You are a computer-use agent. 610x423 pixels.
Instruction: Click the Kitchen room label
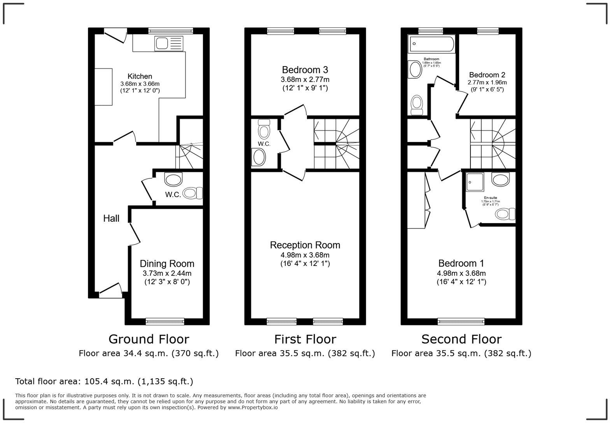click(x=140, y=76)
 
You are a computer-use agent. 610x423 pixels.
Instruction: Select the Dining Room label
click(x=167, y=264)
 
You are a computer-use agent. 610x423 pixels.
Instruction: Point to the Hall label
click(x=111, y=218)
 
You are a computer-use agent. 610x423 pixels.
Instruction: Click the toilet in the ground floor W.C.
click(x=193, y=193)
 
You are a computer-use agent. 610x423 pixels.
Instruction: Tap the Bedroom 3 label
click(x=305, y=70)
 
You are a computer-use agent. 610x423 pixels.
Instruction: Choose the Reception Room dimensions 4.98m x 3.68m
click(x=305, y=255)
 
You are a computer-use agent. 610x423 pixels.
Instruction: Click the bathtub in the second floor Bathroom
click(x=431, y=44)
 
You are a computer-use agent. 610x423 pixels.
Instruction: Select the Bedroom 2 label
click(x=487, y=75)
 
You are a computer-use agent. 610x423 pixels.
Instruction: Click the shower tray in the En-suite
click(x=475, y=182)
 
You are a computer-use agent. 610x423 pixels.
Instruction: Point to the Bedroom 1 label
click(x=461, y=263)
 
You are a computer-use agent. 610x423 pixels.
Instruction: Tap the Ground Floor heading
click(x=149, y=339)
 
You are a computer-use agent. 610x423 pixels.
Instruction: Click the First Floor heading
click(x=305, y=339)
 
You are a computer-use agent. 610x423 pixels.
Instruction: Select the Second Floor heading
click(x=461, y=339)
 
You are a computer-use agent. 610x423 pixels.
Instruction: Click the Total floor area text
click(x=104, y=381)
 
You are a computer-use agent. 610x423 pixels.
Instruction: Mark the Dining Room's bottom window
click(x=165, y=321)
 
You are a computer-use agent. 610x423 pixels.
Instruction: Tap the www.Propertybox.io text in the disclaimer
click(x=253, y=407)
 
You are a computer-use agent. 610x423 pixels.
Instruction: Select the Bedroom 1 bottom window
click(x=461, y=321)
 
